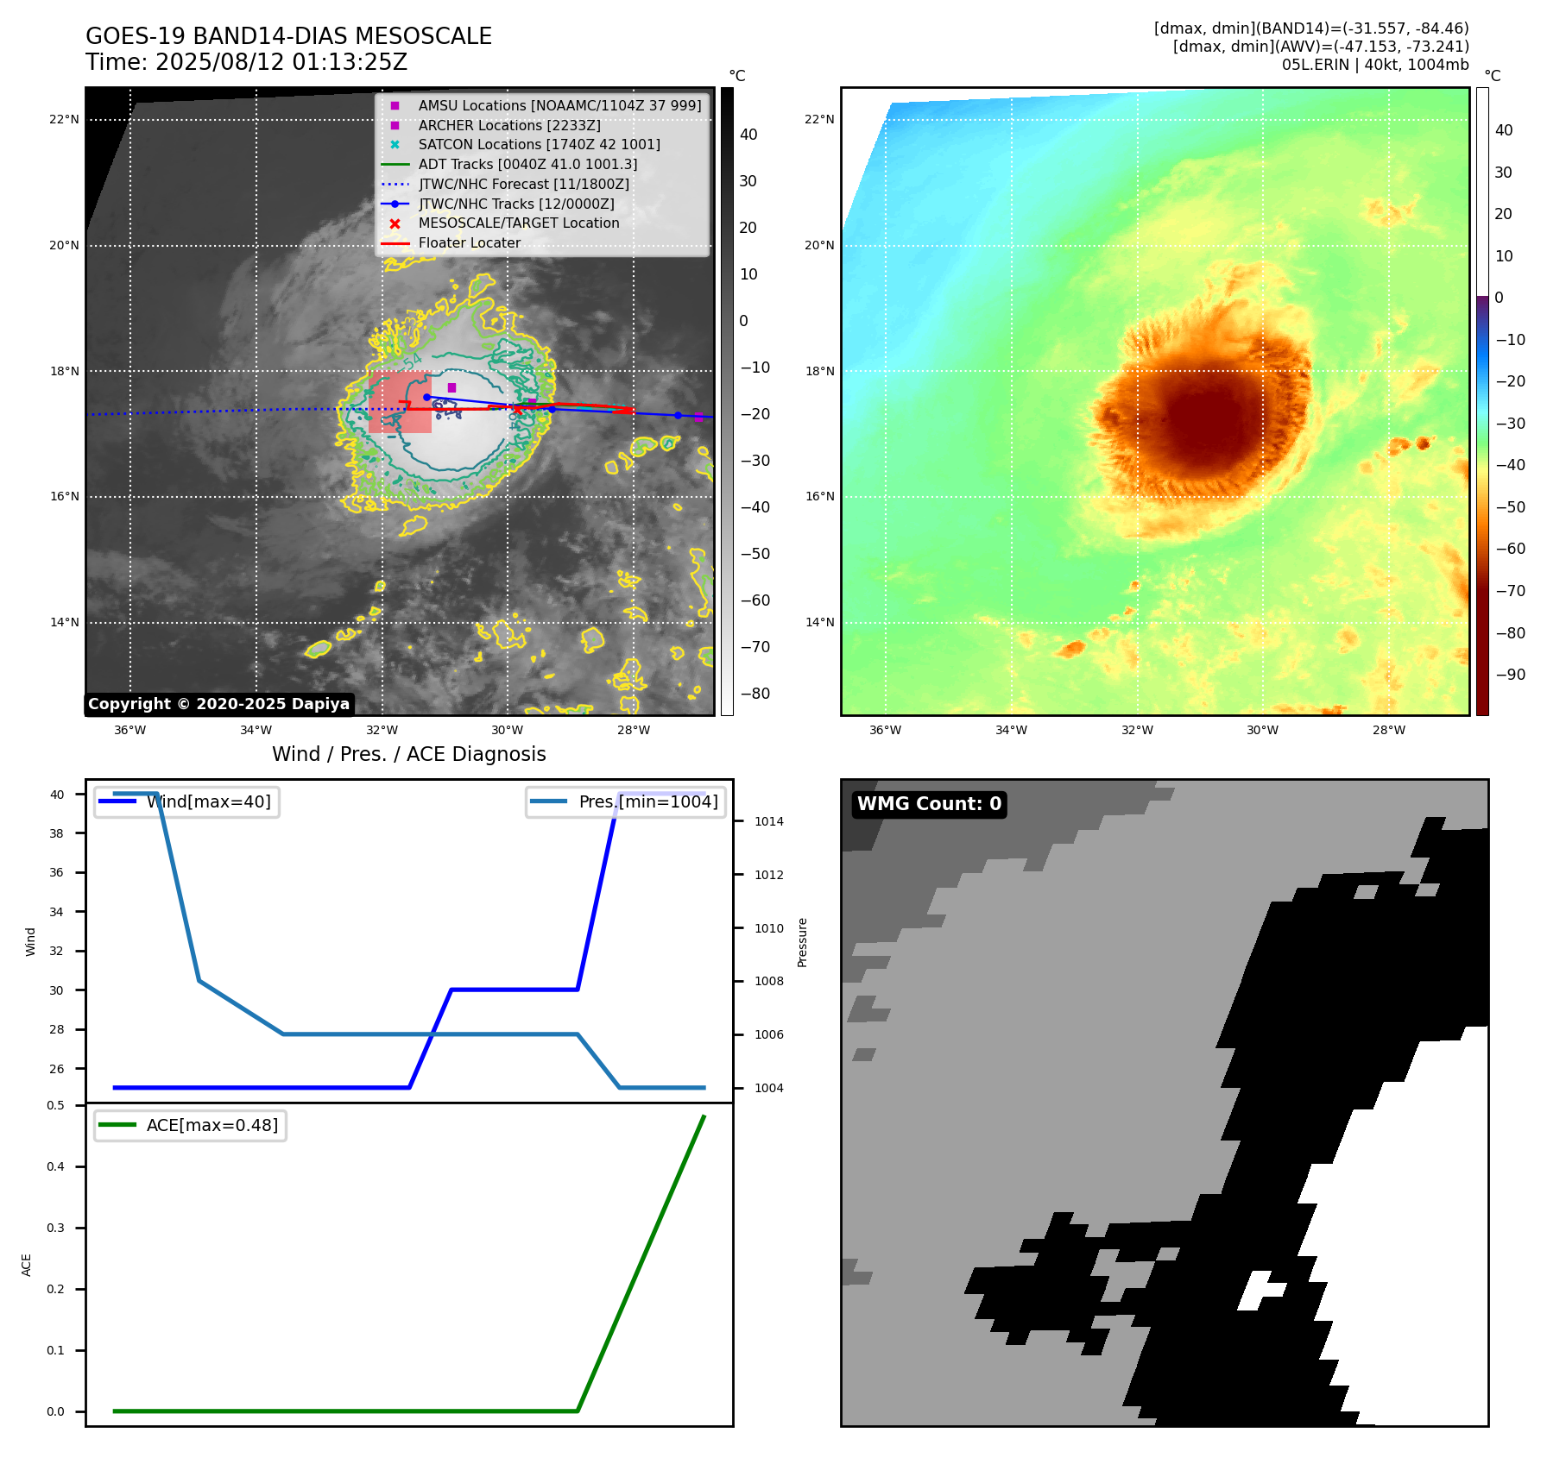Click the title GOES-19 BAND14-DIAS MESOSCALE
[x=288, y=36]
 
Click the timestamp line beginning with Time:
[x=246, y=62]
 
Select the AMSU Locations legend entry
[x=559, y=105]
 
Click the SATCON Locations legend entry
[x=539, y=144]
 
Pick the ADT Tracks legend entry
[x=527, y=164]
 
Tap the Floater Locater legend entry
[x=469, y=242]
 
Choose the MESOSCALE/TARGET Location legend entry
[x=518, y=223]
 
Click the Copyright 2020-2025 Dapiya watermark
[x=218, y=704]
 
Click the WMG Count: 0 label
[x=929, y=804]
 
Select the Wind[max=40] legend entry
[x=208, y=801]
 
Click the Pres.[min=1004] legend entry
[x=647, y=801]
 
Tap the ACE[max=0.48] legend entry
[x=212, y=1125]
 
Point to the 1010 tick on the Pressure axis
[x=768, y=928]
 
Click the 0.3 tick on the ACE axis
[x=56, y=1228]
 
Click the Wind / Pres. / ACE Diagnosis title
[x=408, y=754]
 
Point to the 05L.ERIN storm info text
[x=1374, y=65]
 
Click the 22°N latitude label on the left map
[x=64, y=119]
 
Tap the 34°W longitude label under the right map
[x=1011, y=730]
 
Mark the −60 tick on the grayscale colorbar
[x=755, y=600]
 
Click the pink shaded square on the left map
[x=400, y=402]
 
